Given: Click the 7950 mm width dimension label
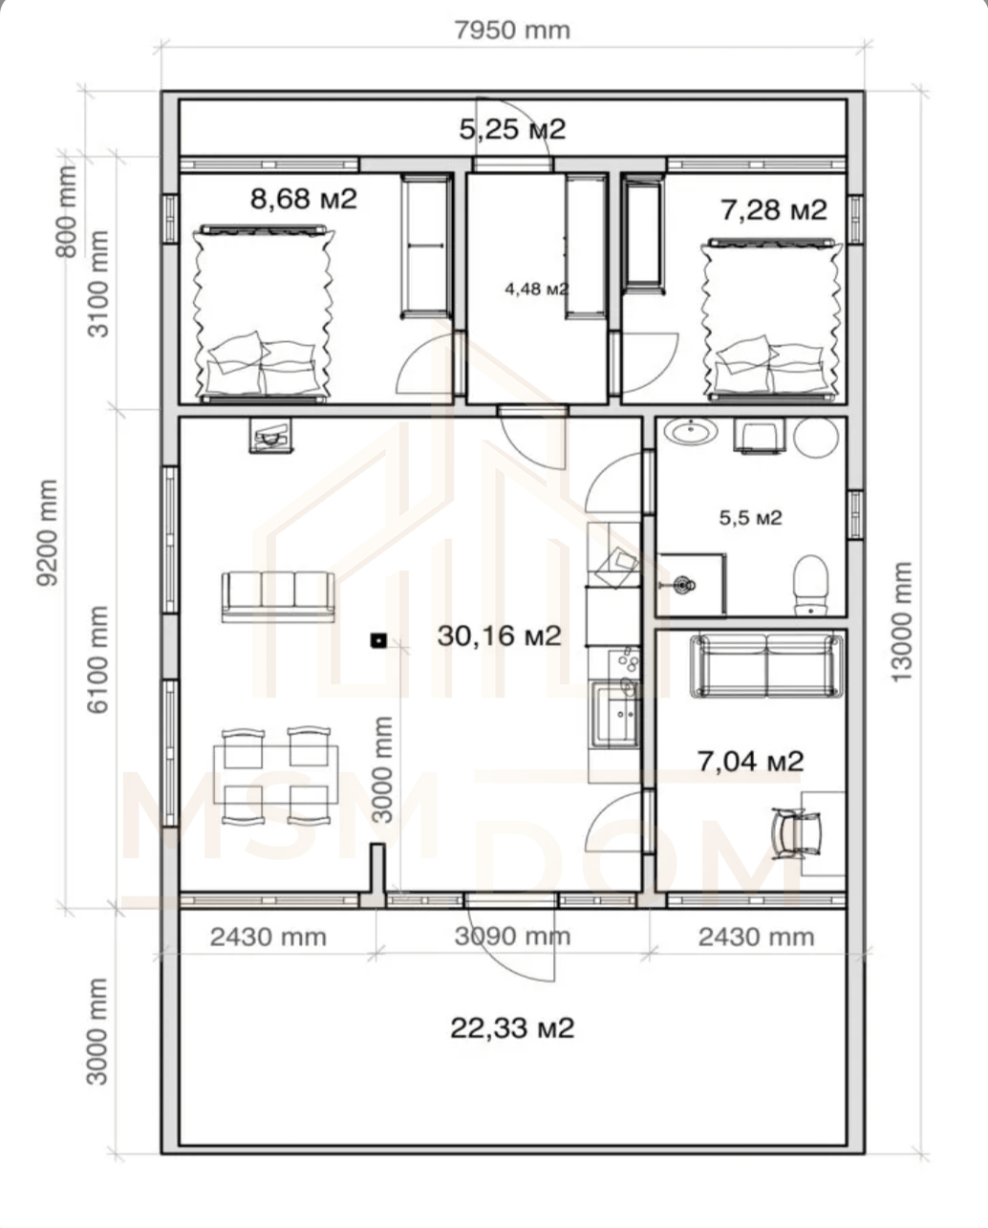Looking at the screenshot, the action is coord(512,31).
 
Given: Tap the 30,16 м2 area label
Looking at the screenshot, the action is coord(500,636).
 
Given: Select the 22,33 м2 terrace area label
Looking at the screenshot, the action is coord(512,1027).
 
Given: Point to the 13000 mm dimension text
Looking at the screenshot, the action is coord(901,622).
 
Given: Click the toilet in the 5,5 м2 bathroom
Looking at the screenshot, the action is coord(811,585).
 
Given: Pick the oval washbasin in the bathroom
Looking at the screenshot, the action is coord(693,432).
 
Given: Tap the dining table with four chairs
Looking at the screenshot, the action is coord(276,775).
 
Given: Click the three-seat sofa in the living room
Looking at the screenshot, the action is coord(278,597).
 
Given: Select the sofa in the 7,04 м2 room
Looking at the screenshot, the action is coord(767,666).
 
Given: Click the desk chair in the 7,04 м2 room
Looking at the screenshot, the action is coord(797,832).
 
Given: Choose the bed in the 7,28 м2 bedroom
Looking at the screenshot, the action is coord(772,319).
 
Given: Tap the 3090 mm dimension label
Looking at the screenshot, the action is coord(512,937).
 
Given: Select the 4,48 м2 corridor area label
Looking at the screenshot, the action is coord(537,289).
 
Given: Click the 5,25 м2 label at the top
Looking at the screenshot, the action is coord(512,130).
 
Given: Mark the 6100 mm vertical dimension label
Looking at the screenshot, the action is coord(97,659).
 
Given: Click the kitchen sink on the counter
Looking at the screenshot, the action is coord(616,716).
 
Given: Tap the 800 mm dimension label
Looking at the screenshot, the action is coord(67,212).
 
